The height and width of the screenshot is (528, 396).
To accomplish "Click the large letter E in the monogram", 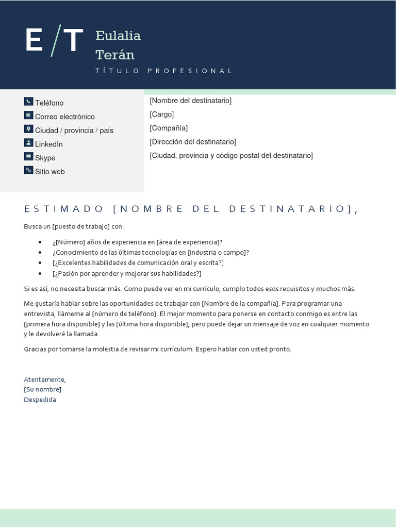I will pos(34,40).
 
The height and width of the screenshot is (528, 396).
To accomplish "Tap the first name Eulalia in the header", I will pos(118,36).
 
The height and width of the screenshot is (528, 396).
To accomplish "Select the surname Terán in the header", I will pos(114,55).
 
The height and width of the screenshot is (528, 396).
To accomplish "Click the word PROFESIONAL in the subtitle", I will pos(190,71).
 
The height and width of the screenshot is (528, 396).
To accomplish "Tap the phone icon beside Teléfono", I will pos(28,102).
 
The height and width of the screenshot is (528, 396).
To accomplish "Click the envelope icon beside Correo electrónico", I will pos(28,115).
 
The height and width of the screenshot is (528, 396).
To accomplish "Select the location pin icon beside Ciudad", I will pos(28,129).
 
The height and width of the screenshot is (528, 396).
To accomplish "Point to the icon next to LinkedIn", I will pos(28,143).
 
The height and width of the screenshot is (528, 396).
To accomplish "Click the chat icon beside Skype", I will pos(28,156).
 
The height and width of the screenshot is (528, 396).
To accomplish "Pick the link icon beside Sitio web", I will pos(28,170).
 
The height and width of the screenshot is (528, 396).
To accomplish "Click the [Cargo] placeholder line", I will pos(162,114).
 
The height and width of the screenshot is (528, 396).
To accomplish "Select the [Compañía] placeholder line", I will pos(169,128).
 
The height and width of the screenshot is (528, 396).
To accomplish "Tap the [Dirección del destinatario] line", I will pos(193,141).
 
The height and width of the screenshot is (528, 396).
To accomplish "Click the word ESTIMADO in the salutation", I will pos(64,209).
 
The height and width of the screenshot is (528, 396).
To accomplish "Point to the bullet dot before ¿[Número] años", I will pos(41,242).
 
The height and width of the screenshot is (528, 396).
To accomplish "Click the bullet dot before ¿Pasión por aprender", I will pos(41,274).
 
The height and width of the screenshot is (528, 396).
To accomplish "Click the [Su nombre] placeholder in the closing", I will pos(43,389).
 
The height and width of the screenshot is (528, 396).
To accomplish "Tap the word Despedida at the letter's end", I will pos(40,400).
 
